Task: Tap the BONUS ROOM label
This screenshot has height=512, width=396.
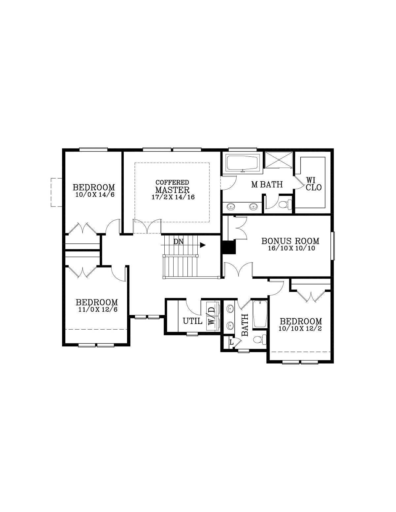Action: (290, 241)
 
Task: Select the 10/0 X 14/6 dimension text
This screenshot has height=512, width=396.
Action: (95, 195)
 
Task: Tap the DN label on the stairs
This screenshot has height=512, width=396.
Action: (178, 242)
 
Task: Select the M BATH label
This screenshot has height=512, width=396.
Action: (267, 184)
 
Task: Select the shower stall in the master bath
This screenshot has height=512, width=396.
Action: (279, 160)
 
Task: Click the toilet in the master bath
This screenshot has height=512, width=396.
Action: (285, 204)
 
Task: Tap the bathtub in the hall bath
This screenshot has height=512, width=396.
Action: (260, 314)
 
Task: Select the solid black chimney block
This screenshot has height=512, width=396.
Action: (228, 247)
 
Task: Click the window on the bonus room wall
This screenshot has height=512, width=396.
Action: (333, 246)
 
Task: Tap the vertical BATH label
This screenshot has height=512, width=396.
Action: (245, 325)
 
